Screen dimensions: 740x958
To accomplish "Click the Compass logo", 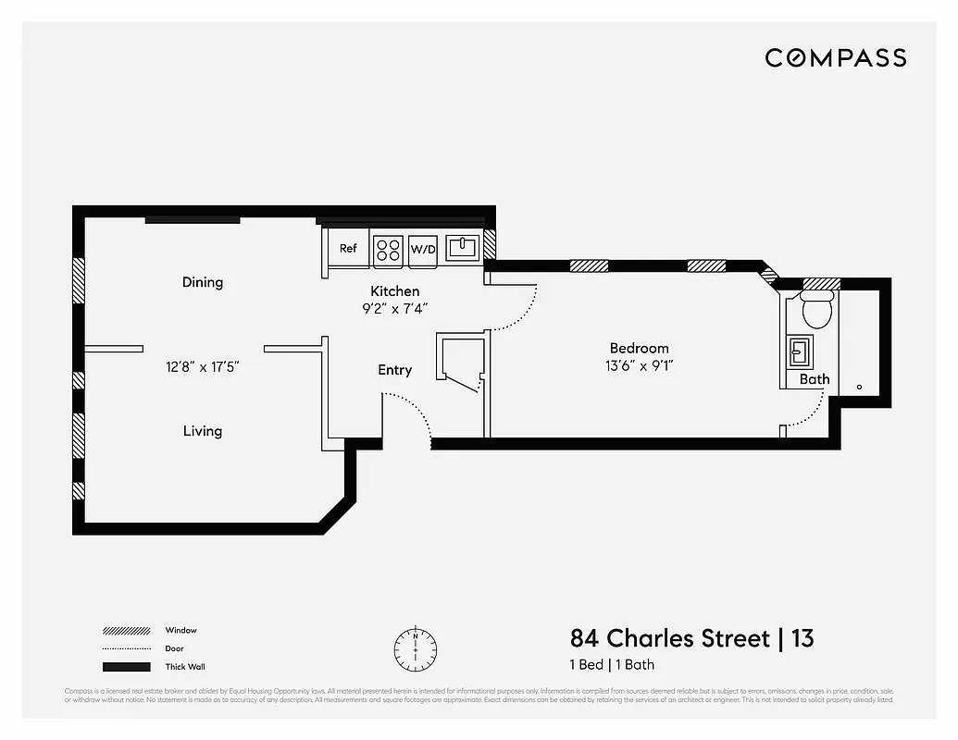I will coord(835,58).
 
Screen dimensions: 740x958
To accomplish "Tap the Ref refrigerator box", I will coord(348,249).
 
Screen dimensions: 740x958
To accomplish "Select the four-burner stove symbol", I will coord(388,250).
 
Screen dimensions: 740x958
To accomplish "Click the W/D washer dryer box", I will coord(423,250).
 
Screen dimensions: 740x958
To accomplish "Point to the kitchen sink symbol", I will coord(462,248).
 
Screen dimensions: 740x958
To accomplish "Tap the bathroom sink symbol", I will coord(799,352).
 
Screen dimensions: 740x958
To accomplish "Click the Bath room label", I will coord(815,379).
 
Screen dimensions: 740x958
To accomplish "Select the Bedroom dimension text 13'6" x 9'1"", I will coord(639,365).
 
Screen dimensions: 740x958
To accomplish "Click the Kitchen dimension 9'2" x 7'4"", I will coord(395,309).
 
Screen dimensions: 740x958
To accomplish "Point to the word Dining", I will coord(203,282).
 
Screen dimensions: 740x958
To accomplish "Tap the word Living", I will coord(202,431).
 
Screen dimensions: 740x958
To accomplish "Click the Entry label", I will coord(395,370).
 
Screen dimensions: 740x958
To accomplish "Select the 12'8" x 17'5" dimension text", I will coord(203,366).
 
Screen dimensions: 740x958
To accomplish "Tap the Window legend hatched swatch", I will coord(126,631).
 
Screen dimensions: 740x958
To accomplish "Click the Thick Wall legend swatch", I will coord(126,667).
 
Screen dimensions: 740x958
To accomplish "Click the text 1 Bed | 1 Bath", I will coord(612,664).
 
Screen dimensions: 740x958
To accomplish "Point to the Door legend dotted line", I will coord(126,648).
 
